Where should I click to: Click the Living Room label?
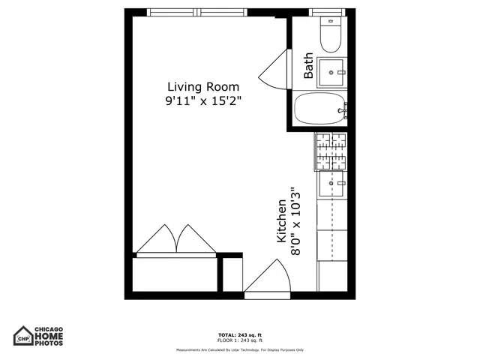(202, 86)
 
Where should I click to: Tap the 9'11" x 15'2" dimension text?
(203, 100)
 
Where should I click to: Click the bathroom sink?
(331, 73)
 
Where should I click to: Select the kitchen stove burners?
(331, 151)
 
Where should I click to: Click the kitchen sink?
(331, 181)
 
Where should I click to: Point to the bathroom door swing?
(275, 70)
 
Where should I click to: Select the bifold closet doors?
(177, 238)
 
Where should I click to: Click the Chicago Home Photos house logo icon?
(24, 335)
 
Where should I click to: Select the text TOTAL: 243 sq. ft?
(239, 334)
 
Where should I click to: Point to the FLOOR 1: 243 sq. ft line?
(239, 340)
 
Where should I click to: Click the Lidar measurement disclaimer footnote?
(239, 350)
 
